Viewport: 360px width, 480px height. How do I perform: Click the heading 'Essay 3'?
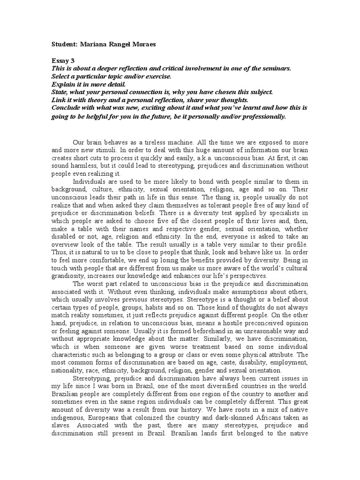pos(63,60)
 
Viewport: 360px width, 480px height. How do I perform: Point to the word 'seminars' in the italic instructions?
pos(277,68)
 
